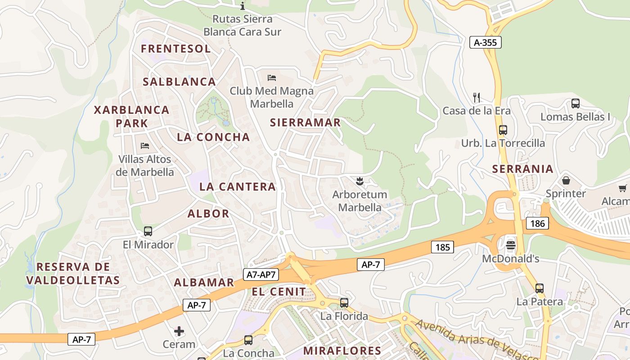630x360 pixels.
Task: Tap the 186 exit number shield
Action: (x=537, y=223)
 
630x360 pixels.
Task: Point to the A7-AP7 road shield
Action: (x=261, y=274)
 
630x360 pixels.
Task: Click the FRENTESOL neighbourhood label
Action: (x=176, y=49)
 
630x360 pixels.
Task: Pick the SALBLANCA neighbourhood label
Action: (x=180, y=82)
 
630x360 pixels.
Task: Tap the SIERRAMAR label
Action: (x=305, y=122)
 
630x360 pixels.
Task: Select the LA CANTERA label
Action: (x=237, y=187)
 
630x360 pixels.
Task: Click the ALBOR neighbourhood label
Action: (x=208, y=214)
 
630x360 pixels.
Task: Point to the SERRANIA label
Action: (x=522, y=169)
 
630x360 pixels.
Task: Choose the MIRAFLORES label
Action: (x=342, y=351)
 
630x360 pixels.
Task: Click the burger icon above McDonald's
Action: (x=510, y=245)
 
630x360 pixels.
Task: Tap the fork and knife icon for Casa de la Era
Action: (x=477, y=97)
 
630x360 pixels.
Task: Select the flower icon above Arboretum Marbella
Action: (x=359, y=181)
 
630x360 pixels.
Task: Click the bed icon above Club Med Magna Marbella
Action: (x=271, y=77)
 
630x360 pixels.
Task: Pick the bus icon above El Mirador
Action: (x=148, y=231)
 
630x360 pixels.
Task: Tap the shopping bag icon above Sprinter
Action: (x=566, y=180)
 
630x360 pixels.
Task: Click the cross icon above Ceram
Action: (x=179, y=332)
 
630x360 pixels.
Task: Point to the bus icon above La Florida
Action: (x=344, y=303)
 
